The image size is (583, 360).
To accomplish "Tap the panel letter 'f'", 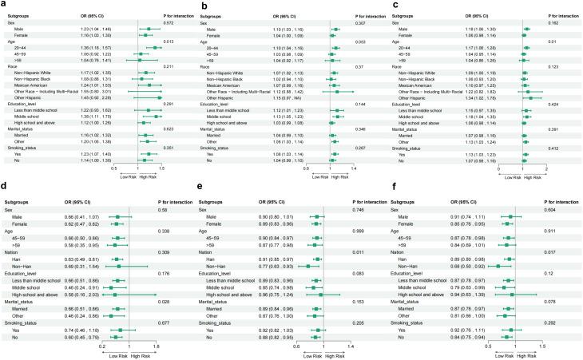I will (394, 186).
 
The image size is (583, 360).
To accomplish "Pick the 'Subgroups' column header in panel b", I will (211, 14).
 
